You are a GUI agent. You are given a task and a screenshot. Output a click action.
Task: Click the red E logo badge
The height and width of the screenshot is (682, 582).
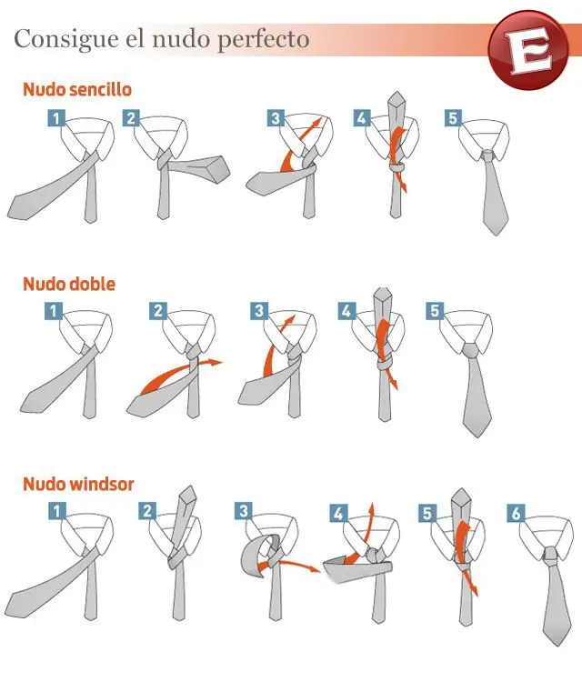(529, 49)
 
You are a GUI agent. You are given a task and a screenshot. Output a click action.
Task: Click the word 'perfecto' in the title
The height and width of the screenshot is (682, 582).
(263, 40)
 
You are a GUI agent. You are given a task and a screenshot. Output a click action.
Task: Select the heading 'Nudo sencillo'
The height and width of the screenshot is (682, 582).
(77, 89)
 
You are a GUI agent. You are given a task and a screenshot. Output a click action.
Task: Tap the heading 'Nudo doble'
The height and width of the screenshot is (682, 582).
(69, 284)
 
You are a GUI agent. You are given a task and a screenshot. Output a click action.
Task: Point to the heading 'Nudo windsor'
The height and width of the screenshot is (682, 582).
(78, 484)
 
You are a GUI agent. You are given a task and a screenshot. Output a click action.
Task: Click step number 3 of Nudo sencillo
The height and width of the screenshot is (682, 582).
(276, 118)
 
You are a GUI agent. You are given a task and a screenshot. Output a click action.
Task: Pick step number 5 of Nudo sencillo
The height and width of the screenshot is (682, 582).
(453, 118)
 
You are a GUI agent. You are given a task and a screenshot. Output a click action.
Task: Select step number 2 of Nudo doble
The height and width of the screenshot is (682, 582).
(158, 311)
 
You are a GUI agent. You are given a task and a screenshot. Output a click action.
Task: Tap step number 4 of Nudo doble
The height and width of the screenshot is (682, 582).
(346, 311)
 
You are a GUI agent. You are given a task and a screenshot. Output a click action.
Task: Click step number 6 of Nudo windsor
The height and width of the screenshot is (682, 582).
(516, 513)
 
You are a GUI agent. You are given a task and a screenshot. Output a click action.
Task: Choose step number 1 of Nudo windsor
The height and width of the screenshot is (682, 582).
(57, 511)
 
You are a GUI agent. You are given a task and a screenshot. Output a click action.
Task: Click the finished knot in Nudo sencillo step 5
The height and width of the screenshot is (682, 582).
(488, 155)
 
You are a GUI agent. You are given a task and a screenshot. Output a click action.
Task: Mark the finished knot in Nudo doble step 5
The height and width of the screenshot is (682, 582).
(471, 350)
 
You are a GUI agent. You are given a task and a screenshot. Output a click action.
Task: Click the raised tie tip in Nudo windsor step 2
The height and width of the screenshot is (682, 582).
(189, 494)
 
